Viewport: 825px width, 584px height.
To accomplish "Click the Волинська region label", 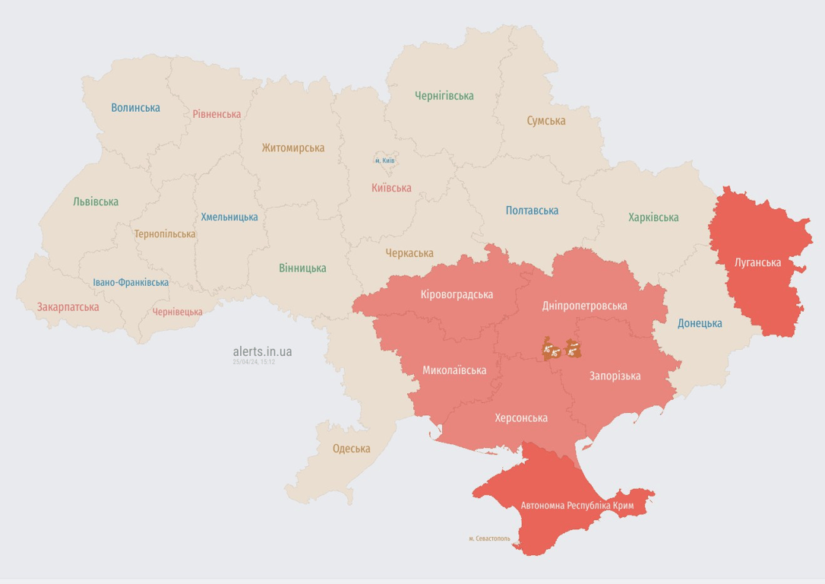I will tap(135, 108).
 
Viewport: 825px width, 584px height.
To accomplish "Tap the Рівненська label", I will tap(217, 114).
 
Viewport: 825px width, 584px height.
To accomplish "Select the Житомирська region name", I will tap(293, 148).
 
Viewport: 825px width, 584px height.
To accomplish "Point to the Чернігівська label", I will tap(444, 96).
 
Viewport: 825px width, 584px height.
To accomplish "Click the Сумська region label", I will tap(546, 121).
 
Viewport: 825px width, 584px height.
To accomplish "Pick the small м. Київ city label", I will tap(385, 161).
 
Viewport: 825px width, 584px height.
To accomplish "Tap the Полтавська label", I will tap(532, 211).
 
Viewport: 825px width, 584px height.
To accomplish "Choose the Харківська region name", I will tap(653, 217).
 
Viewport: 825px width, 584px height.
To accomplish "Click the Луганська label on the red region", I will tap(758, 263).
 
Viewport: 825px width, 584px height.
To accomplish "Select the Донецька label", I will tap(700, 323).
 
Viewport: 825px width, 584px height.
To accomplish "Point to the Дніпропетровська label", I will tap(585, 306).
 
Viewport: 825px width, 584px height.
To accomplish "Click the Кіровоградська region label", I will tap(457, 295).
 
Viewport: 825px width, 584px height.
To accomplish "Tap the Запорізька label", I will tap(615, 376).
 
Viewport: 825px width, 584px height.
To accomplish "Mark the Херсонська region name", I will tap(521, 418).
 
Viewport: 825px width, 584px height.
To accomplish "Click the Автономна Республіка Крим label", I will tap(577, 506).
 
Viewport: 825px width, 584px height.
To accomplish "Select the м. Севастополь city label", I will tap(489, 538).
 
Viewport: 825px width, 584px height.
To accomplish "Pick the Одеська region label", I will tap(352, 449).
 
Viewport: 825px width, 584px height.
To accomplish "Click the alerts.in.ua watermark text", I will tap(262, 351).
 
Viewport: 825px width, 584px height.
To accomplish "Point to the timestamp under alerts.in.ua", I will tap(254, 362).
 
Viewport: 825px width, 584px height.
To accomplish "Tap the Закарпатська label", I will tap(68, 307).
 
